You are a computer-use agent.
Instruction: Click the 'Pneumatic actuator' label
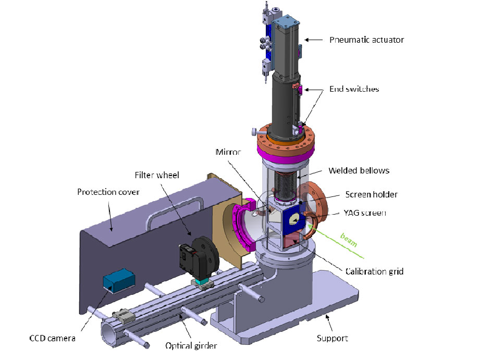(367, 40)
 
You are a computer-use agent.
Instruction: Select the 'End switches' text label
(354, 89)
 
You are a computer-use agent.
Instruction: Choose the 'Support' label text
(332, 338)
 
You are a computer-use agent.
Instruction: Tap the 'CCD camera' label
(52, 339)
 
